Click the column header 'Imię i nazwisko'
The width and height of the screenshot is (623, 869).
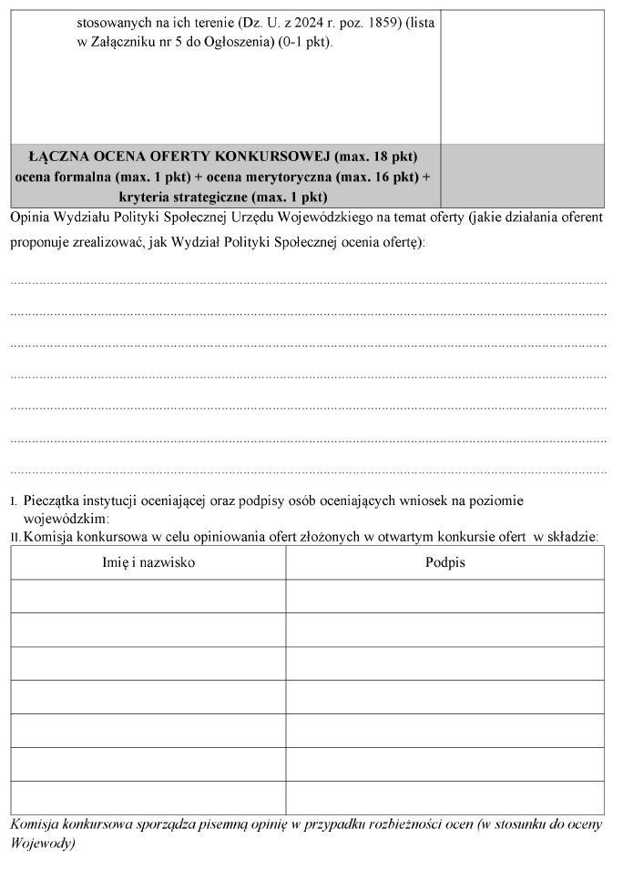pyautogui.click(x=148, y=562)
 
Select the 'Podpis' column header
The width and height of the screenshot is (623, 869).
pyautogui.click(x=444, y=562)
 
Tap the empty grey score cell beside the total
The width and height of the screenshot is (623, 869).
pyautogui.click(x=522, y=176)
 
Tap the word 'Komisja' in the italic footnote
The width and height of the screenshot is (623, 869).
pyautogui.click(x=33, y=824)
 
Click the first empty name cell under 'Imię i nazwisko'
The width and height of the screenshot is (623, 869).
pyautogui.click(x=148, y=596)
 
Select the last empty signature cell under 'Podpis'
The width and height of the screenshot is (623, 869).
pyautogui.click(x=444, y=798)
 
